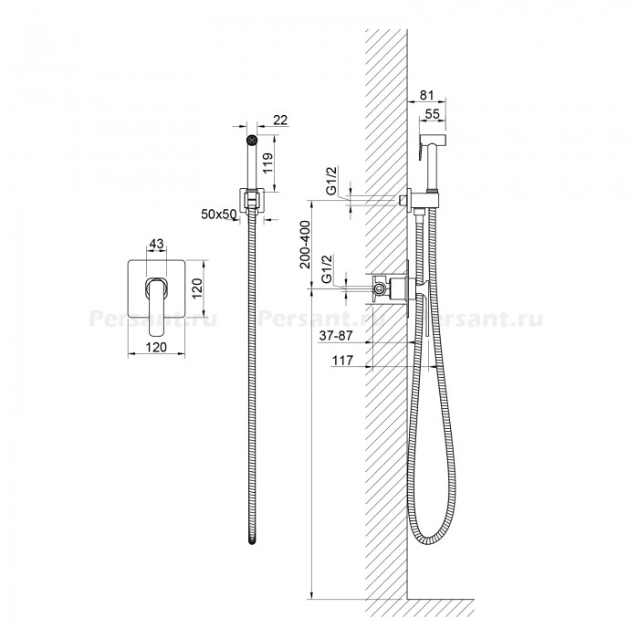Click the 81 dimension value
[x=426, y=95]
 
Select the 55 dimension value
[x=433, y=114]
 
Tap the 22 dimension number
[x=280, y=120]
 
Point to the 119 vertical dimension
[x=267, y=163]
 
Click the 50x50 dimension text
[x=219, y=214]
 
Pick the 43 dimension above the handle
[x=156, y=244]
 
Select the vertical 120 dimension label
[x=197, y=288]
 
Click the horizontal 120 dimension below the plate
[x=156, y=347]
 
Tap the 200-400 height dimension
[x=305, y=244]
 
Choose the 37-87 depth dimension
[x=335, y=335]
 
